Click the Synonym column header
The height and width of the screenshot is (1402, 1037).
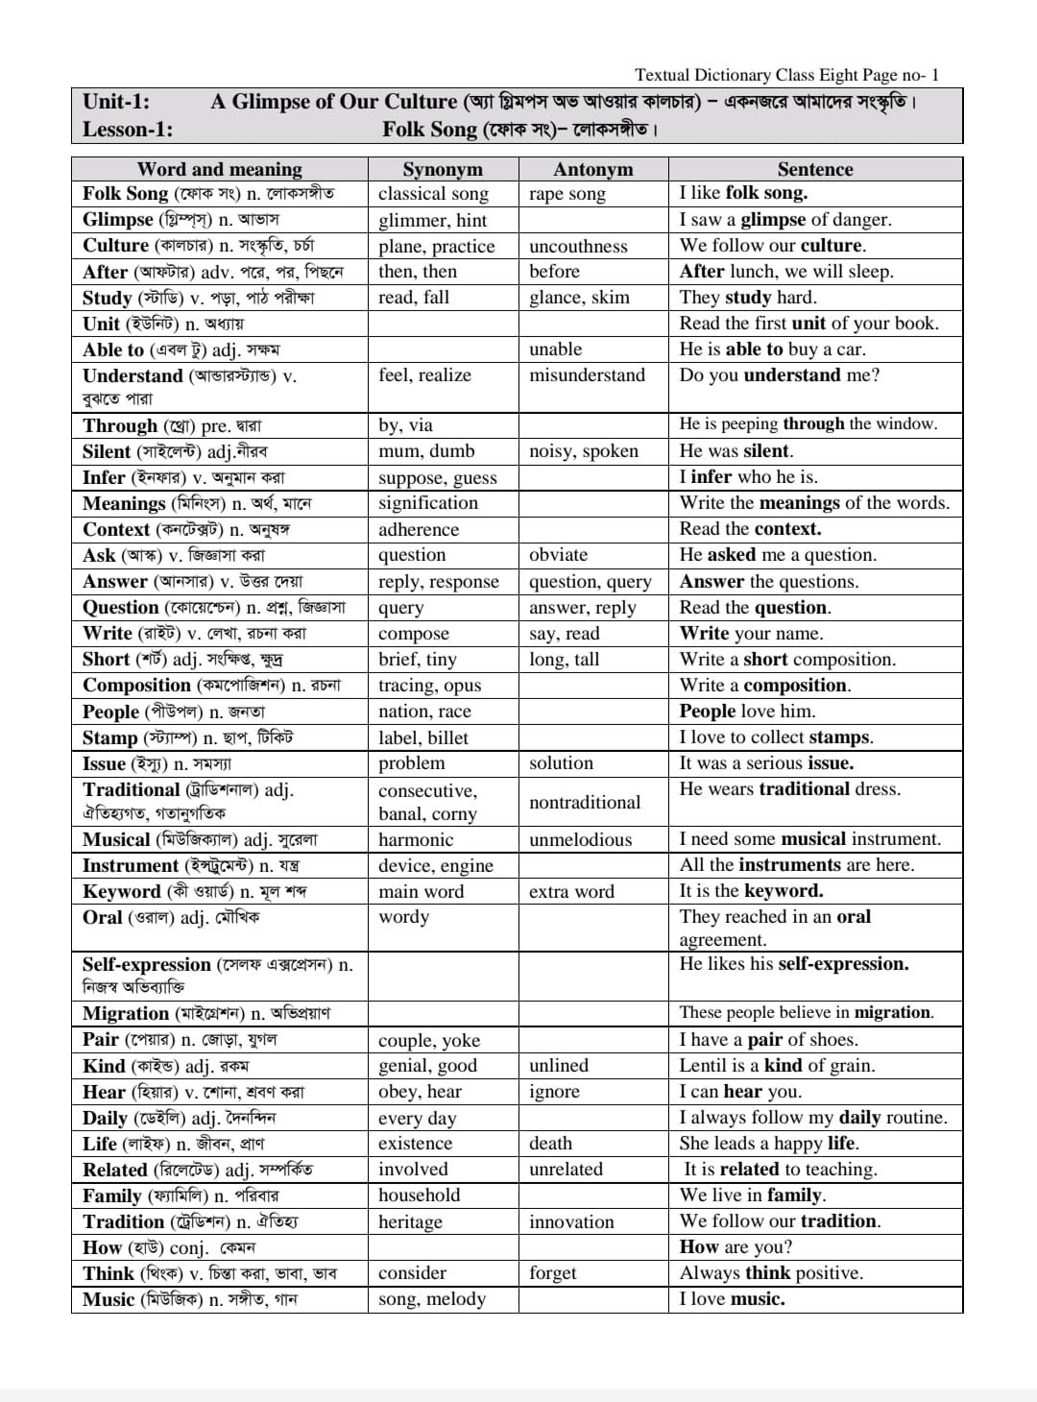[442, 170]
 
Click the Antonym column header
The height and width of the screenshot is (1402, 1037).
[592, 170]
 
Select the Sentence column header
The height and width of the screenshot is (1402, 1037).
[814, 170]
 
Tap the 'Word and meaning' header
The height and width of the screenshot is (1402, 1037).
[219, 170]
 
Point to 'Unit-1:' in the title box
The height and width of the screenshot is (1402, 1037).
[116, 102]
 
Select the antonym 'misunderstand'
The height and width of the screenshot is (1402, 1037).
[587, 375]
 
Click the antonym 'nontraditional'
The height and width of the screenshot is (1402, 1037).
[584, 803]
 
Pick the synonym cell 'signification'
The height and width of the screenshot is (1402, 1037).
[427, 503]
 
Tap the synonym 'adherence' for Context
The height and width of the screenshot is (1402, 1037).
[419, 529]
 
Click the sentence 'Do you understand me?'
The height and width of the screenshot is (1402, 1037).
[779, 375]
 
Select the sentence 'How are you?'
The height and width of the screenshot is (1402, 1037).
[736, 1247]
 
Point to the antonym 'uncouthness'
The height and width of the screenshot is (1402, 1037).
[578, 246]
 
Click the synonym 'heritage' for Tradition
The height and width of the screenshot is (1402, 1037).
[410, 1221]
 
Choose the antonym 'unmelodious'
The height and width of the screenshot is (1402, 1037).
[580, 839]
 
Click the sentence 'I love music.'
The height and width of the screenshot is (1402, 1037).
[732, 1299]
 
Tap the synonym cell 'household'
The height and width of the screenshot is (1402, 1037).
[419, 1196]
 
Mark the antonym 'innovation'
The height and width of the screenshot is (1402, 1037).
[571, 1221]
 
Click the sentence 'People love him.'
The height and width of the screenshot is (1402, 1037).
[747, 712]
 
